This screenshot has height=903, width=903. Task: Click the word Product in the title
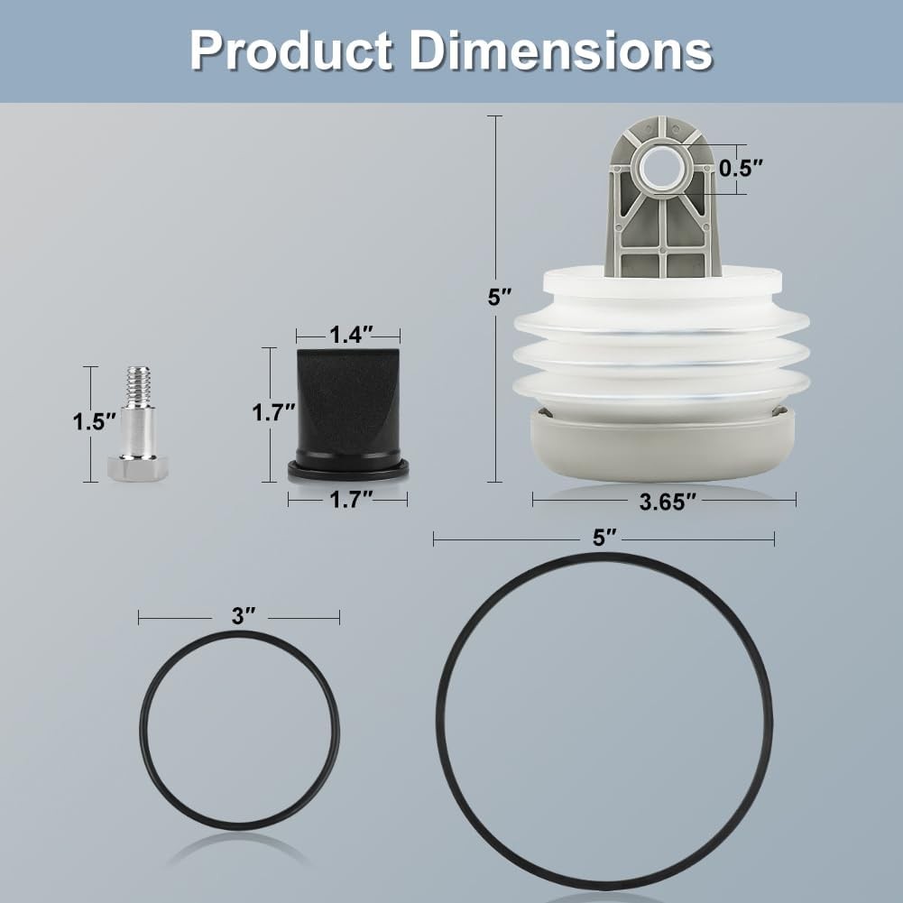tap(290, 51)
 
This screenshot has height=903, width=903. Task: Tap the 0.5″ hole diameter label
tap(741, 168)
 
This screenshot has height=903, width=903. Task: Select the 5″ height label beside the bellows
tap(500, 297)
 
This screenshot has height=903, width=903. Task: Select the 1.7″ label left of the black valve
tap(273, 413)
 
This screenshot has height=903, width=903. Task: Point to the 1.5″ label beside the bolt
tap(95, 422)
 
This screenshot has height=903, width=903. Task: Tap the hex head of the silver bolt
tap(138, 468)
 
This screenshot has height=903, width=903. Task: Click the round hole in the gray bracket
tap(662, 167)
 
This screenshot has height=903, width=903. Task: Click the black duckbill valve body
tap(348, 401)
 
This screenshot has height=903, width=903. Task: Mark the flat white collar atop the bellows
tap(663, 282)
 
